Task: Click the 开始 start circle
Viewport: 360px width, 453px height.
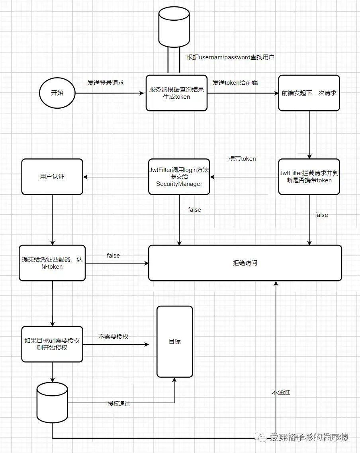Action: click(x=57, y=93)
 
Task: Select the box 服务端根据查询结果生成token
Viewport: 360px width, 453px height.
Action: click(x=176, y=93)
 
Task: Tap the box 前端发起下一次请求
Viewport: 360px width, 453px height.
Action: click(x=309, y=93)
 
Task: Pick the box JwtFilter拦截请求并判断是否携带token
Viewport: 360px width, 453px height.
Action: click(x=309, y=176)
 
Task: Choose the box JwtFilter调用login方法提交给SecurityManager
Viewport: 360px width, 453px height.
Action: click(x=179, y=176)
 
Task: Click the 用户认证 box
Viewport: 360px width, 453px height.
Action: click(x=52, y=176)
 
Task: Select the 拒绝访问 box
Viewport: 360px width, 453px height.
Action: click(x=245, y=263)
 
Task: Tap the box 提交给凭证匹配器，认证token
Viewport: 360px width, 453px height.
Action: click(x=52, y=263)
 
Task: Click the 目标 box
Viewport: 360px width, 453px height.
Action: click(x=174, y=342)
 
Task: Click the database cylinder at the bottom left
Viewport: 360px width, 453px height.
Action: click(x=52, y=402)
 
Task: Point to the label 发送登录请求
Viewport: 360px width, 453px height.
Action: click(x=106, y=83)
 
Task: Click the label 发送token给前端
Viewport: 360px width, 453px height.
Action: click(x=235, y=83)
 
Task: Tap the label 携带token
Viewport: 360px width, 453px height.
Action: click(x=242, y=158)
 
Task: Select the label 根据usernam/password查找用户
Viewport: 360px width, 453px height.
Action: click(x=231, y=57)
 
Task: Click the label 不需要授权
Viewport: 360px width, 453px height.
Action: click(x=113, y=336)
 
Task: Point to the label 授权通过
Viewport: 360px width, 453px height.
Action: click(x=119, y=403)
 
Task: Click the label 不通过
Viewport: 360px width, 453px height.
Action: click(x=281, y=392)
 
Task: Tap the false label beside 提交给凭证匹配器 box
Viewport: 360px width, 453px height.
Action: click(x=113, y=256)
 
